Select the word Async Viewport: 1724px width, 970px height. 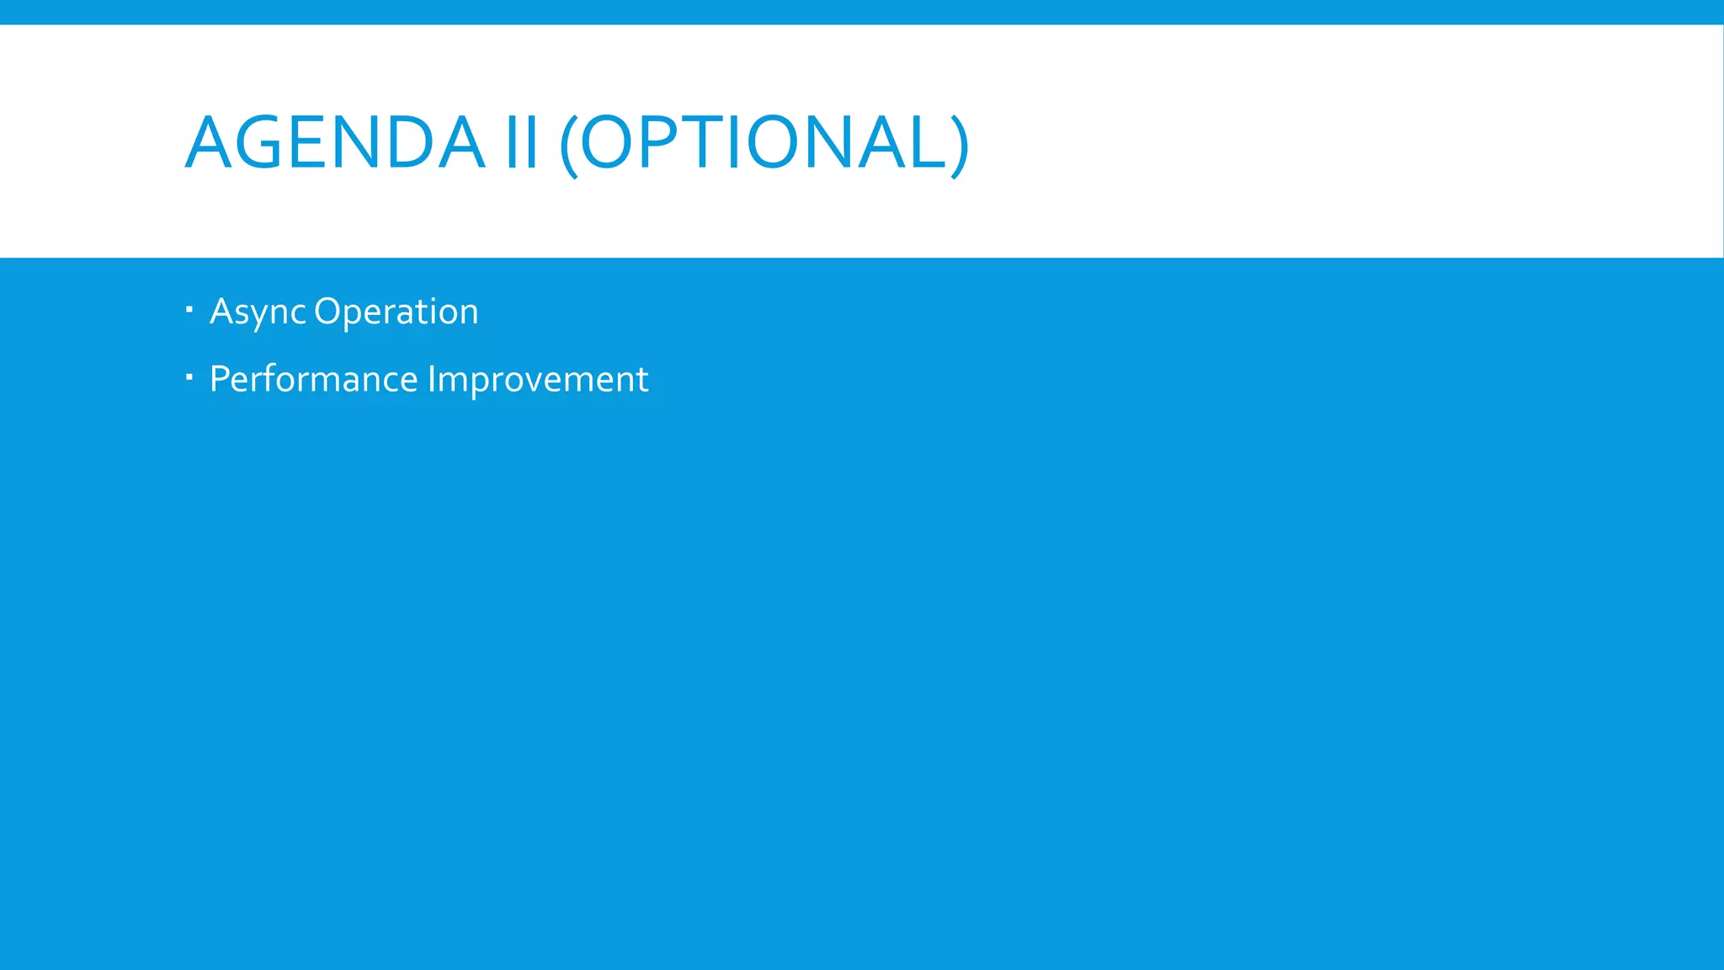pos(257,312)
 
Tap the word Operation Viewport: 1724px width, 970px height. pos(396,312)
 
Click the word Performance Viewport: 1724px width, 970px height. pos(313,379)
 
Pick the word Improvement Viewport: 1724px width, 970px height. pos(538,379)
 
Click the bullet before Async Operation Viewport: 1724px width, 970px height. pos(189,309)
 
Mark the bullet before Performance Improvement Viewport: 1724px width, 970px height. pos(189,376)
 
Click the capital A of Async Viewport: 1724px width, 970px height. pos(221,311)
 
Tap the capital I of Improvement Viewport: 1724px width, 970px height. pos(431,378)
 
